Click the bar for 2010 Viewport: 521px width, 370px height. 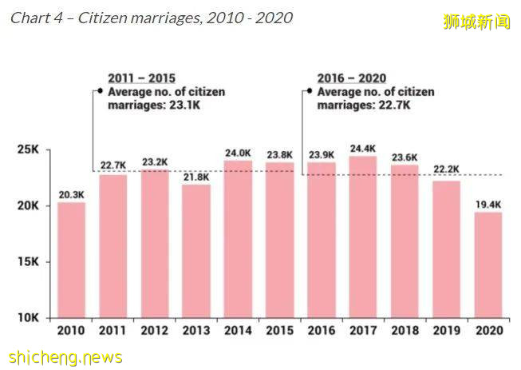71,260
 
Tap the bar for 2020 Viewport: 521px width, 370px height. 487,265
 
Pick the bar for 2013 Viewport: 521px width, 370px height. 196,251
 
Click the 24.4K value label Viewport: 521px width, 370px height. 363,147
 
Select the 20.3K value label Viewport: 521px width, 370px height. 71,193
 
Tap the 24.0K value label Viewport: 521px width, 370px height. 238,152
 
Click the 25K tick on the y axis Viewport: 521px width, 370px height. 30,150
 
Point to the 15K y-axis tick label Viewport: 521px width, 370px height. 30,262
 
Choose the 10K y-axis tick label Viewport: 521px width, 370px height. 30,318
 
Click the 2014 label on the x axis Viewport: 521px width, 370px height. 238,329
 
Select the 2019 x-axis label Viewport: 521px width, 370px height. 446,329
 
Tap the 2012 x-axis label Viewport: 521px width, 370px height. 155,329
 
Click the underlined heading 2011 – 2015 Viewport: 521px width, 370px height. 141,78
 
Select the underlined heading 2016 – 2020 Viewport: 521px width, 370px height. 351,78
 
